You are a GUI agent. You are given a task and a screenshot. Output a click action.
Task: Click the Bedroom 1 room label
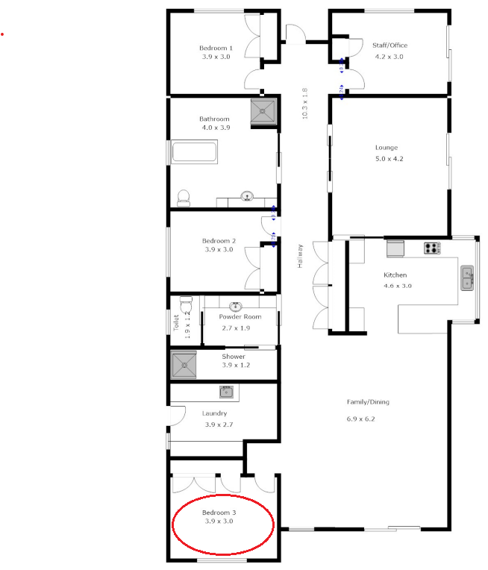coord(216,48)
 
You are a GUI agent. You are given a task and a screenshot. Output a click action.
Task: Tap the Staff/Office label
coord(390,46)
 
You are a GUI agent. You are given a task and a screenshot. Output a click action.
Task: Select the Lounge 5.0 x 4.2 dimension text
coord(389,158)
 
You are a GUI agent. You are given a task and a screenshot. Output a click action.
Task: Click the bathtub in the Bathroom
coord(194,154)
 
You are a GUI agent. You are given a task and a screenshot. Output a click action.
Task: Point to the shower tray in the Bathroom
coord(262,110)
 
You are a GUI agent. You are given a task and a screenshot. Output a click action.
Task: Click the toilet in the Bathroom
coord(184,198)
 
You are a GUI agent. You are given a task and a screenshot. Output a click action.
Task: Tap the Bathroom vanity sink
coord(246,197)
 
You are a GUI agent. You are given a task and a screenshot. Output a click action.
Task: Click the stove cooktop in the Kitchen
coord(432,247)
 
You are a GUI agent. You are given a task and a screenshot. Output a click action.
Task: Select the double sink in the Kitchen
coord(467,277)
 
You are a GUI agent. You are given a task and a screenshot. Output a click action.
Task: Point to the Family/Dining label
coord(368,402)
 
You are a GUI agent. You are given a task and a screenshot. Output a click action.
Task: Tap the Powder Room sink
coord(236,306)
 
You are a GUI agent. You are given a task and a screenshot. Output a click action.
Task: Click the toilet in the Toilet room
coord(186,305)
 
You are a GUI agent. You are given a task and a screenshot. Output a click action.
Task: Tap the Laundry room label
coord(214,413)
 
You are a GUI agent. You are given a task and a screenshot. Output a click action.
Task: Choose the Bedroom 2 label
coord(219,241)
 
